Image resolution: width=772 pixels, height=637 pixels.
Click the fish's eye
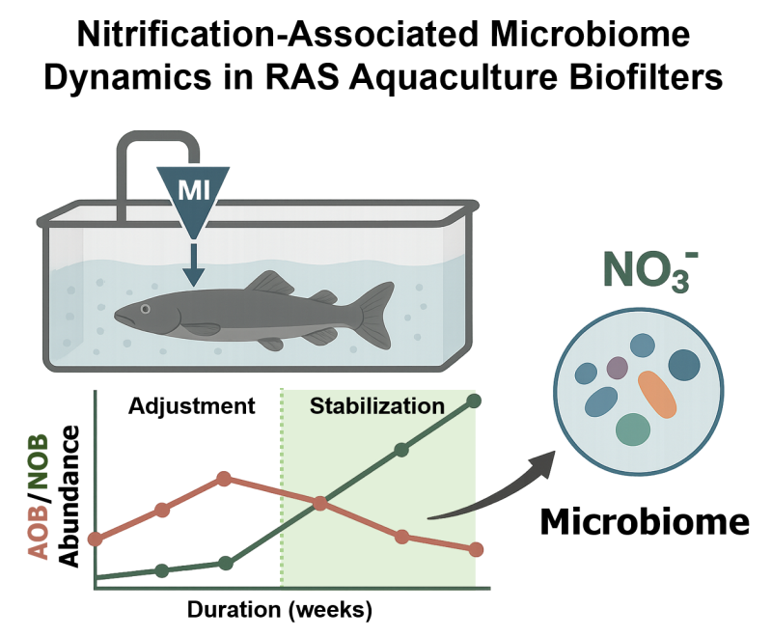coord(145,309)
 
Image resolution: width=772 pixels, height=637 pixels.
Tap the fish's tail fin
coord(375,315)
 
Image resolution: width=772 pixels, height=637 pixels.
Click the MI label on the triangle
coord(194,189)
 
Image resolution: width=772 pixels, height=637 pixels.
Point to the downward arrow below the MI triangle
coord(194,264)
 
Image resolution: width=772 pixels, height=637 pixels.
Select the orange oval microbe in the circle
coord(657,395)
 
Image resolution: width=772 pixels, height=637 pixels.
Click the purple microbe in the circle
coord(617,367)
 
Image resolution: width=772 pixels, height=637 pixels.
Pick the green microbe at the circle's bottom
coord(633,429)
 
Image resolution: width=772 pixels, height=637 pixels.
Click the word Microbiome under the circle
coord(645,521)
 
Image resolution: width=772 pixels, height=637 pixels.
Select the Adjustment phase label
coord(191,406)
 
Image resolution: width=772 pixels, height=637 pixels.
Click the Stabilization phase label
coord(377,406)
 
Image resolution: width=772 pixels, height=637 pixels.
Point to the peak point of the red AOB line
coord(224,479)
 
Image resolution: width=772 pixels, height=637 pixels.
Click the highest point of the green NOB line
coord(474,401)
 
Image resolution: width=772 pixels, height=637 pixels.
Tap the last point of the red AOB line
coord(476,549)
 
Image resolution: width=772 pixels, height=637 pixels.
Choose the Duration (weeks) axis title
coord(280,610)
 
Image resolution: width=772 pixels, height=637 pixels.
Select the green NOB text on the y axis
coord(39,460)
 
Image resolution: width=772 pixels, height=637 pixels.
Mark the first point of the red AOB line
coord(96,540)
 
